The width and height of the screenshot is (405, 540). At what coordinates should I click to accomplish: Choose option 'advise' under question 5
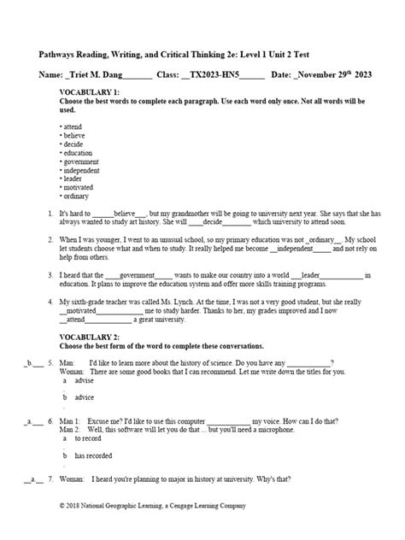(84, 380)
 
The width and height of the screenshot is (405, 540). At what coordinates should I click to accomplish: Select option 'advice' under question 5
(84, 397)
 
